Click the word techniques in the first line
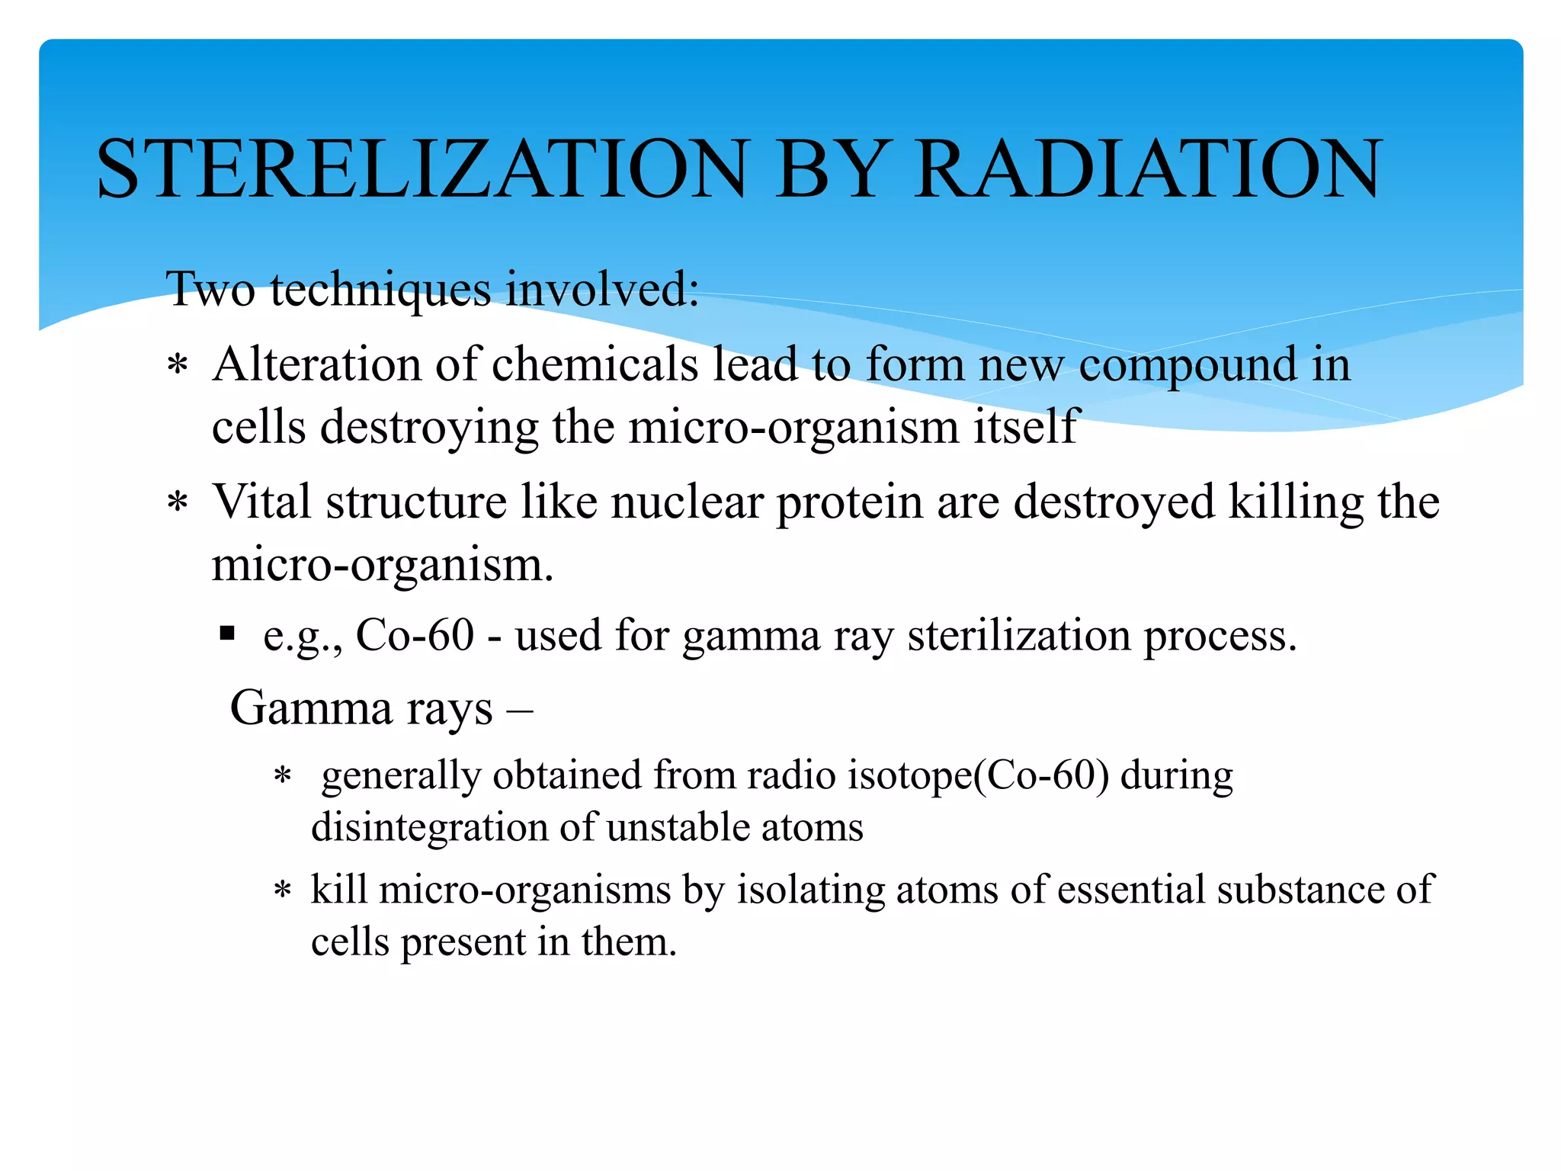(380, 290)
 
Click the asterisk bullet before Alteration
(178, 366)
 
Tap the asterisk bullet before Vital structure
(178, 504)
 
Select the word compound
(1188, 365)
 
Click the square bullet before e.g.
(226, 633)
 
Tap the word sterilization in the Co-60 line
(1019, 635)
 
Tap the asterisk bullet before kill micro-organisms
(283, 890)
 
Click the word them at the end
(628, 942)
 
